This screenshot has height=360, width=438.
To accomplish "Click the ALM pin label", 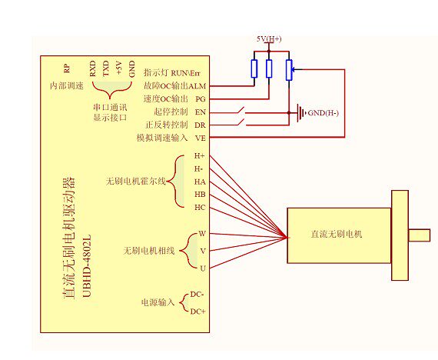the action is point(197,86).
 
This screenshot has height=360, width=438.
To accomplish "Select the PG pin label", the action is point(201,99).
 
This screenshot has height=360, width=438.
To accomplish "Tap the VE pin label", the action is point(201,138).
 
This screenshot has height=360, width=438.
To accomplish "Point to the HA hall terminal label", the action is point(200,182).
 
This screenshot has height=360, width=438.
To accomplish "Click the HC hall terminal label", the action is point(200,208).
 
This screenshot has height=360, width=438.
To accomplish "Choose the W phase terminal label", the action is point(202,234).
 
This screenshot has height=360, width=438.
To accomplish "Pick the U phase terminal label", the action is point(203,268).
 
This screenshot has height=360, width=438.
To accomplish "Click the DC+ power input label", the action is point(197,312).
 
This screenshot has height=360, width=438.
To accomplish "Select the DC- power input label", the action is point(197,295).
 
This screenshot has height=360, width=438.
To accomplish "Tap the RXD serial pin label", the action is point(92,68).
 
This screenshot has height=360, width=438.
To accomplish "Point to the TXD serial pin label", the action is point(105,68).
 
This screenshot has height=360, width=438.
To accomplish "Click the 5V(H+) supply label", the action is point(269,39).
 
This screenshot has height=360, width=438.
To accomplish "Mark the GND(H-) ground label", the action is point(324,113).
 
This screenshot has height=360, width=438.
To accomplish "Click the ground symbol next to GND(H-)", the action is point(300,113).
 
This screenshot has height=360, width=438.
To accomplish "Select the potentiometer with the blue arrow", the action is point(289,70).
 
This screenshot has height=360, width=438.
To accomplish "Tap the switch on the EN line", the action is point(241,111).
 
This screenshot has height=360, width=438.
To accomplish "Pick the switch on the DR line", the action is point(241,122).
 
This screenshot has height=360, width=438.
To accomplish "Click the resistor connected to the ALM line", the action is point(254,68).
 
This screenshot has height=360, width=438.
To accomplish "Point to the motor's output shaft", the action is point(420,235).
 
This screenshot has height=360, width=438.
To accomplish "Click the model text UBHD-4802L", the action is point(87,265).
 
